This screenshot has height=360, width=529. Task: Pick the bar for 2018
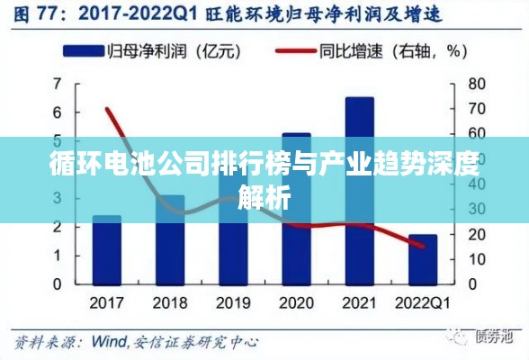pyautogui.click(x=170, y=239)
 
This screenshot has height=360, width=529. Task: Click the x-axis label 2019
pyautogui.click(x=233, y=301)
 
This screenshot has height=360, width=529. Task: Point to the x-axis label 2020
pyautogui.click(x=296, y=301)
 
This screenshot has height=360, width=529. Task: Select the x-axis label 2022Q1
pyautogui.click(x=423, y=301)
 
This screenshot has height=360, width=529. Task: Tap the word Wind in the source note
pyautogui.click(x=111, y=342)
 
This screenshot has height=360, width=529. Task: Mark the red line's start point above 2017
pyautogui.click(x=108, y=110)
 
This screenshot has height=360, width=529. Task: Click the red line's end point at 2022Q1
pyautogui.click(x=423, y=246)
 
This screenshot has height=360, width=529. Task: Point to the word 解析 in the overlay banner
pyautogui.click(x=264, y=195)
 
